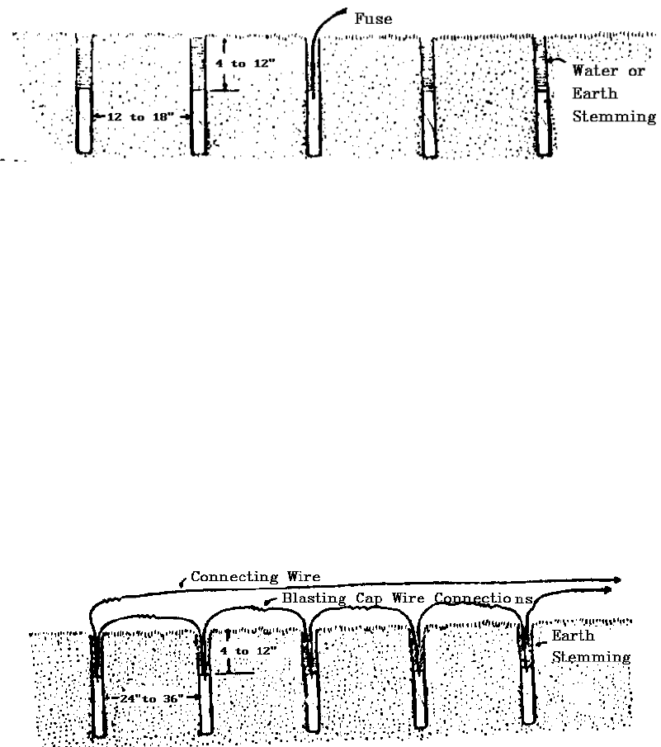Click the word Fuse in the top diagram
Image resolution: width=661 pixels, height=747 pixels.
point(373,18)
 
